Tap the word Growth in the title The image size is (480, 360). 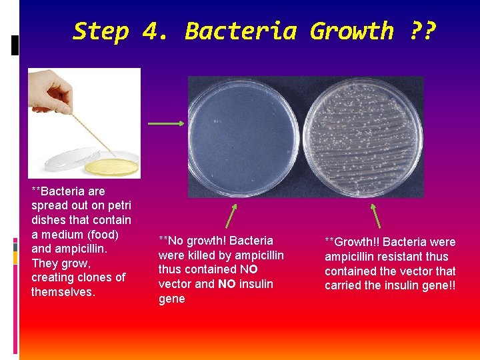tap(351, 31)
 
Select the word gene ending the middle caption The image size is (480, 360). tap(171, 299)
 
